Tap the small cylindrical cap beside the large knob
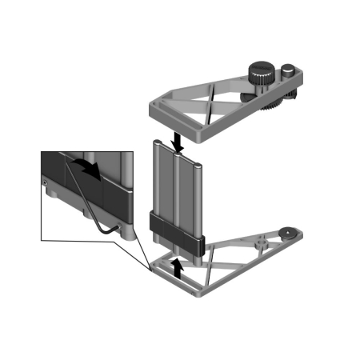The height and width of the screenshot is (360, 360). [286, 72]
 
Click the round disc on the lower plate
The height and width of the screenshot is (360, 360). [285, 234]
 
